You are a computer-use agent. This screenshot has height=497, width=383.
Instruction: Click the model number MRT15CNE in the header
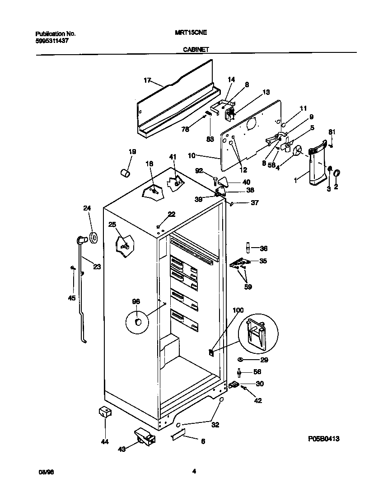pyautogui.click(x=191, y=33)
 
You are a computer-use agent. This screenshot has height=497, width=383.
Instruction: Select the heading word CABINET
pyautogui.click(x=196, y=50)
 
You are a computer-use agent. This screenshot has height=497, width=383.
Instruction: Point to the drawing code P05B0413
pyautogui.click(x=324, y=438)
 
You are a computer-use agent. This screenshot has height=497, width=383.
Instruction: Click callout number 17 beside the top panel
pyautogui.click(x=147, y=80)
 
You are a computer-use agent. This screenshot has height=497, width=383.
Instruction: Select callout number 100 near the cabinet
pyautogui.click(x=238, y=310)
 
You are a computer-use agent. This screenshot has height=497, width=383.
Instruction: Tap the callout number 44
pyautogui.click(x=105, y=441)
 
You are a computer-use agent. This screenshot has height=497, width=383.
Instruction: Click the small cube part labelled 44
pyautogui.click(x=105, y=411)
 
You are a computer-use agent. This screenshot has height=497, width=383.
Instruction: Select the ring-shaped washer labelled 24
pyautogui.click(x=93, y=237)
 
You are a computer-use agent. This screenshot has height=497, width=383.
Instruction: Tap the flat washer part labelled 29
pyautogui.click(x=240, y=360)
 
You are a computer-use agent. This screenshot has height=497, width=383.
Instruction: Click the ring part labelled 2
pyautogui.click(x=337, y=173)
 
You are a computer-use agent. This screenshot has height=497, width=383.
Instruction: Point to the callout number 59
pyautogui.click(x=248, y=286)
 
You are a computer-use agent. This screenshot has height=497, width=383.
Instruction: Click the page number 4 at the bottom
pyautogui.click(x=193, y=472)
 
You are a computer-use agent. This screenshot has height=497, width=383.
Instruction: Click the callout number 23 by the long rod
pyautogui.click(x=97, y=267)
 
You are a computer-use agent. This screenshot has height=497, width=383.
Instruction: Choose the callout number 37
pyautogui.click(x=254, y=203)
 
